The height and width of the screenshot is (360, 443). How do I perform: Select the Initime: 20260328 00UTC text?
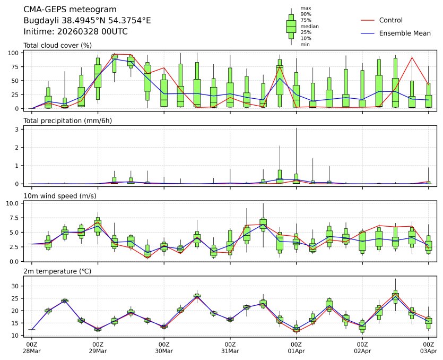[76, 32]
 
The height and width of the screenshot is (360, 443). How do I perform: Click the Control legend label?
[390, 20]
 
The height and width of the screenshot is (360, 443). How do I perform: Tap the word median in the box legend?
[309, 26]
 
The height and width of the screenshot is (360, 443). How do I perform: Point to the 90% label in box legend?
[306, 14]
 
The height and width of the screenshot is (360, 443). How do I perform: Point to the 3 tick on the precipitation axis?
[18, 129]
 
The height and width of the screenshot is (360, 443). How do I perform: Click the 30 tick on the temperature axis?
[16, 286]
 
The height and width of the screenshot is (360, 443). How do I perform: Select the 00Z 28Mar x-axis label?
[31, 348]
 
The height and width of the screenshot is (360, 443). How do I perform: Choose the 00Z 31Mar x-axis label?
[230, 348]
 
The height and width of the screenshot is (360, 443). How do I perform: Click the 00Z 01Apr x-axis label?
[296, 348]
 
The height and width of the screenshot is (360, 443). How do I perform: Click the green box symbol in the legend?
[291, 26]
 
